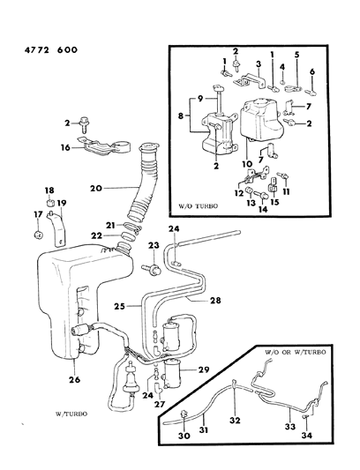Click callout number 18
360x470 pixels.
click(49, 190)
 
